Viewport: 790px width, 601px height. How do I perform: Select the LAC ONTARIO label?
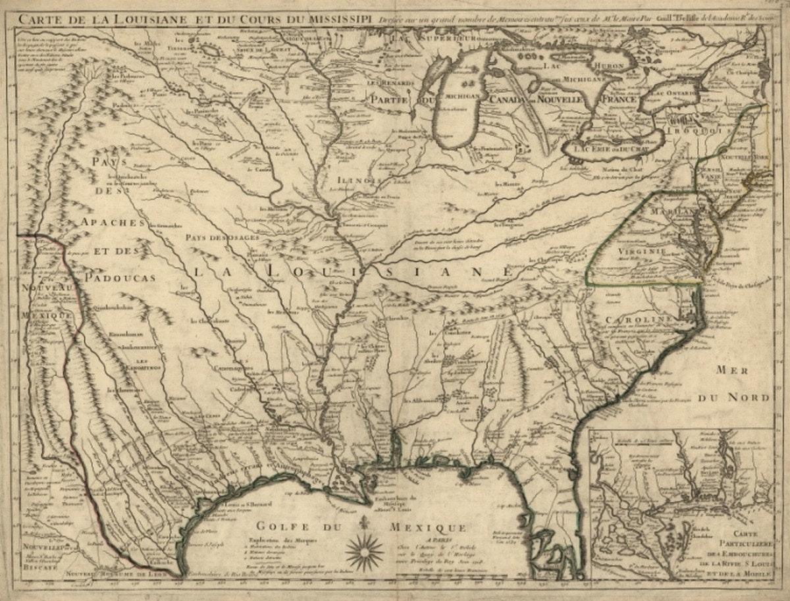pyautogui.click(x=673, y=94)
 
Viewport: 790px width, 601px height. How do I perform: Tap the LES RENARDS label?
pyautogui.click(x=383, y=84)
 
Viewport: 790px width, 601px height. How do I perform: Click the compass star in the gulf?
pyautogui.click(x=364, y=552)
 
